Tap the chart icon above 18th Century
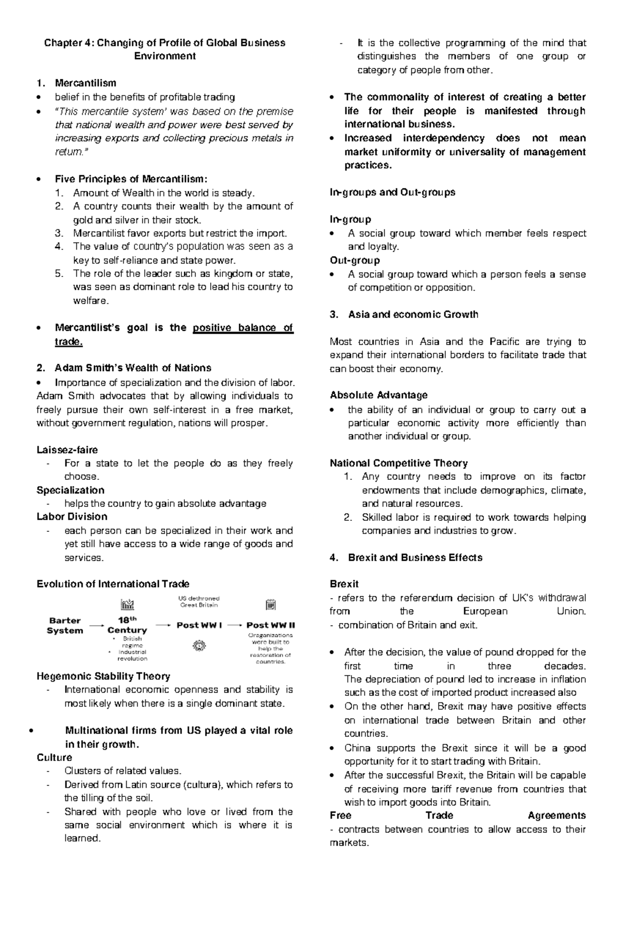pyautogui.click(x=127, y=604)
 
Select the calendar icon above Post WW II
pyautogui.click(x=270, y=604)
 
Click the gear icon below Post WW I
pyautogui.click(x=199, y=645)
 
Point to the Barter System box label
pyautogui.click(x=65, y=626)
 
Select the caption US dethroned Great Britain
pyautogui.click(x=199, y=601)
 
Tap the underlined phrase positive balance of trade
pyautogui.click(x=242, y=328)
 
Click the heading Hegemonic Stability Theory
pyautogui.click(x=103, y=677)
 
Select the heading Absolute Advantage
pyautogui.click(x=378, y=395)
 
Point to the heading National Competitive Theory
pyautogui.click(x=399, y=463)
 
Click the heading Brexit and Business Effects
pyautogui.click(x=415, y=558)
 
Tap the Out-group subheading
pyautogui.click(x=355, y=260)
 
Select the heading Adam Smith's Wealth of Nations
pyautogui.click(x=132, y=368)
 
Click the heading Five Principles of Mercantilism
pyautogui.click(x=131, y=180)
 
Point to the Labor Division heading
pyautogui.click(x=72, y=517)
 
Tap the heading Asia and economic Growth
pyautogui.click(x=413, y=315)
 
